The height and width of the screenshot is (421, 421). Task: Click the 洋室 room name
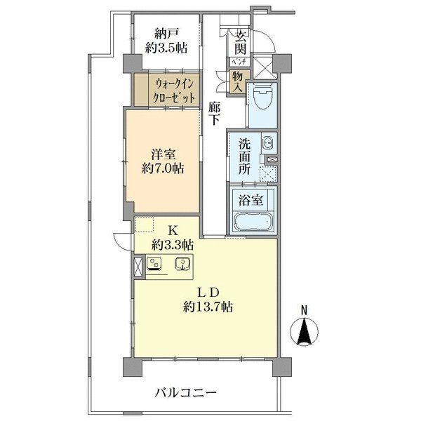coord(165,153)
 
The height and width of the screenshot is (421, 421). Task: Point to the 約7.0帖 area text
coord(165,168)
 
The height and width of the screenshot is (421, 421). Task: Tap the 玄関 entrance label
coord(241,43)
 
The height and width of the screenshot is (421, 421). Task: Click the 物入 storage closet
coord(239,82)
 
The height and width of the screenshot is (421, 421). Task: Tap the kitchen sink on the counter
coord(185,265)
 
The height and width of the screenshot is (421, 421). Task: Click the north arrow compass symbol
coord(305,330)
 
